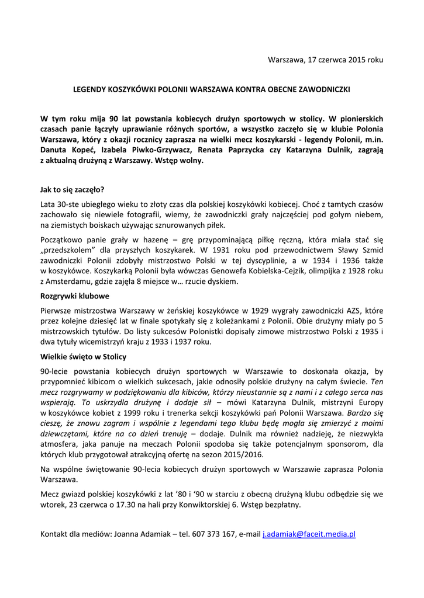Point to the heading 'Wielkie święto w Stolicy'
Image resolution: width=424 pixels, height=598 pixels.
[x=83, y=356]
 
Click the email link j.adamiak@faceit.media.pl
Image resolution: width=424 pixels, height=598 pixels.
[x=309, y=534]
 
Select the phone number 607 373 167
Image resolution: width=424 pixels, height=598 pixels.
[x=218, y=534]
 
